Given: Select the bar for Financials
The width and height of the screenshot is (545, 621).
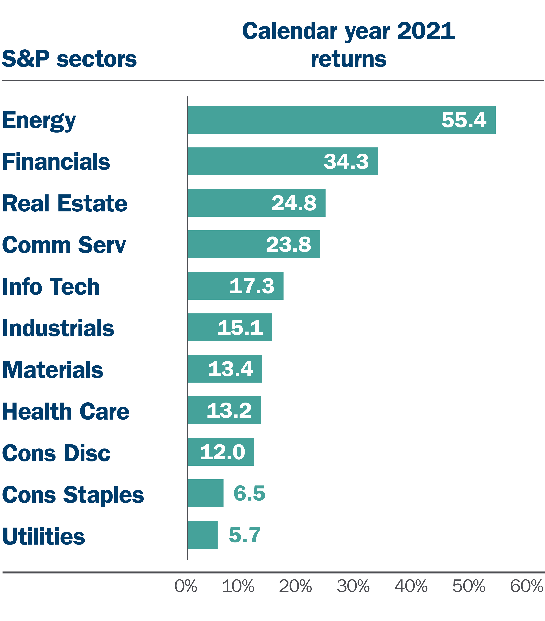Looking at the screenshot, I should (x=283, y=161).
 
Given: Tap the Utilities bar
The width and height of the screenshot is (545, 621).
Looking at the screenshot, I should (x=203, y=535).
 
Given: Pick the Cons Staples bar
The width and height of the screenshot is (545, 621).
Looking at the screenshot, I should (x=206, y=493).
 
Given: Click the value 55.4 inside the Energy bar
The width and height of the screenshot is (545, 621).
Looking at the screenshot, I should (x=464, y=120).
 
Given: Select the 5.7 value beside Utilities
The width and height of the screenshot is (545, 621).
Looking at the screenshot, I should (x=245, y=535).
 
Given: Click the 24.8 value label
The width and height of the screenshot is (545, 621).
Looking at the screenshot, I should (x=294, y=203).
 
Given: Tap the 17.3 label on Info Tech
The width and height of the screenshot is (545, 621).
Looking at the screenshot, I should (x=251, y=286).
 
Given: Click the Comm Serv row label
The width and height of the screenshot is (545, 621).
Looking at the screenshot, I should (x=64, y=245).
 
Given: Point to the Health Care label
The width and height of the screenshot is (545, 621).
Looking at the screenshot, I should (x=66, y=411).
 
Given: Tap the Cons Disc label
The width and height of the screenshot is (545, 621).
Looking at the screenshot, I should (x=56, y=453).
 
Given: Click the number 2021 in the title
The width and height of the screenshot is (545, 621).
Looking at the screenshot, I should (x=426, y=31).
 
